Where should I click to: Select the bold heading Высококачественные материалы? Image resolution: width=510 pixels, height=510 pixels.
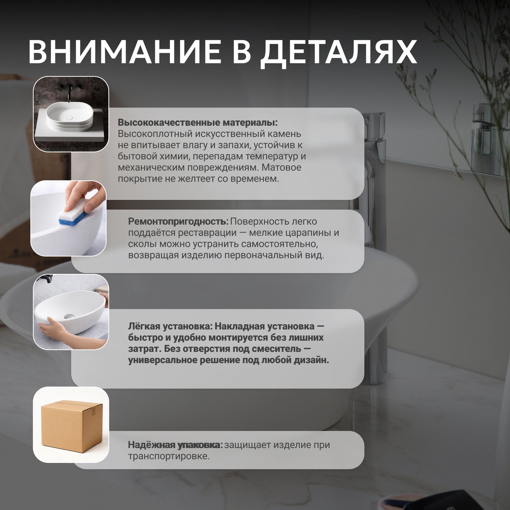[x=198, y=123]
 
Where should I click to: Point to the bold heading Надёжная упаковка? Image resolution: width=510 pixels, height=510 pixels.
[x=175, y=445]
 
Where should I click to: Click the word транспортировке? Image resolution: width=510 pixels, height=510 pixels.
[x=169, y=456]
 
